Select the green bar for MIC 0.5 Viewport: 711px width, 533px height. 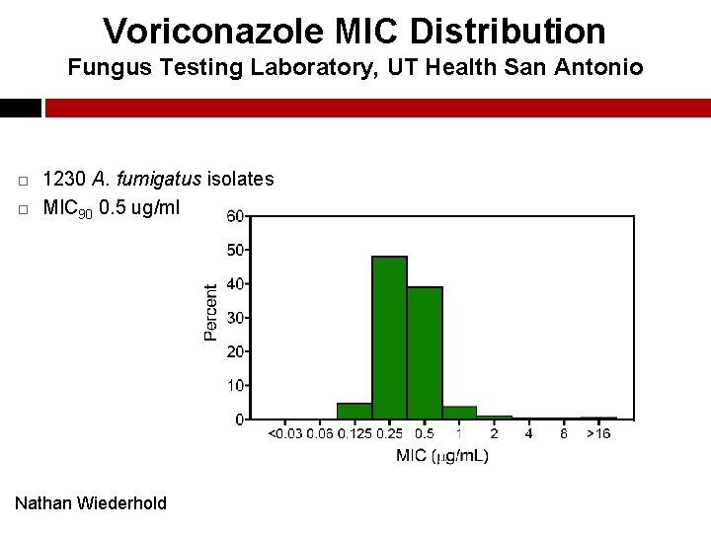[425, 352]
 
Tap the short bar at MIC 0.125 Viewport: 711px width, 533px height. [354, 411]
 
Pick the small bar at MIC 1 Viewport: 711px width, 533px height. [459, 413]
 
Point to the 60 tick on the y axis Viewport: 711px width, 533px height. [237, 216]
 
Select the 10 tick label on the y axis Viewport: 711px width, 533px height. [237, 385]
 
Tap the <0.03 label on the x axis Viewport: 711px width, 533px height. [285, 433]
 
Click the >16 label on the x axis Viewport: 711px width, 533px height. [597, 433]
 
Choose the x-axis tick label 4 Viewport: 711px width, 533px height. [528, 433]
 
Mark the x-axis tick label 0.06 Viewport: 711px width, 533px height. [320, 433]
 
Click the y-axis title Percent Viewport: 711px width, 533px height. [211, 313]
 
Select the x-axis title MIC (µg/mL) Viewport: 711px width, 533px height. [441, 455]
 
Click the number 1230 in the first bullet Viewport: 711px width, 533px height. [66, 179]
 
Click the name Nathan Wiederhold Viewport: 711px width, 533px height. [91, 503]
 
